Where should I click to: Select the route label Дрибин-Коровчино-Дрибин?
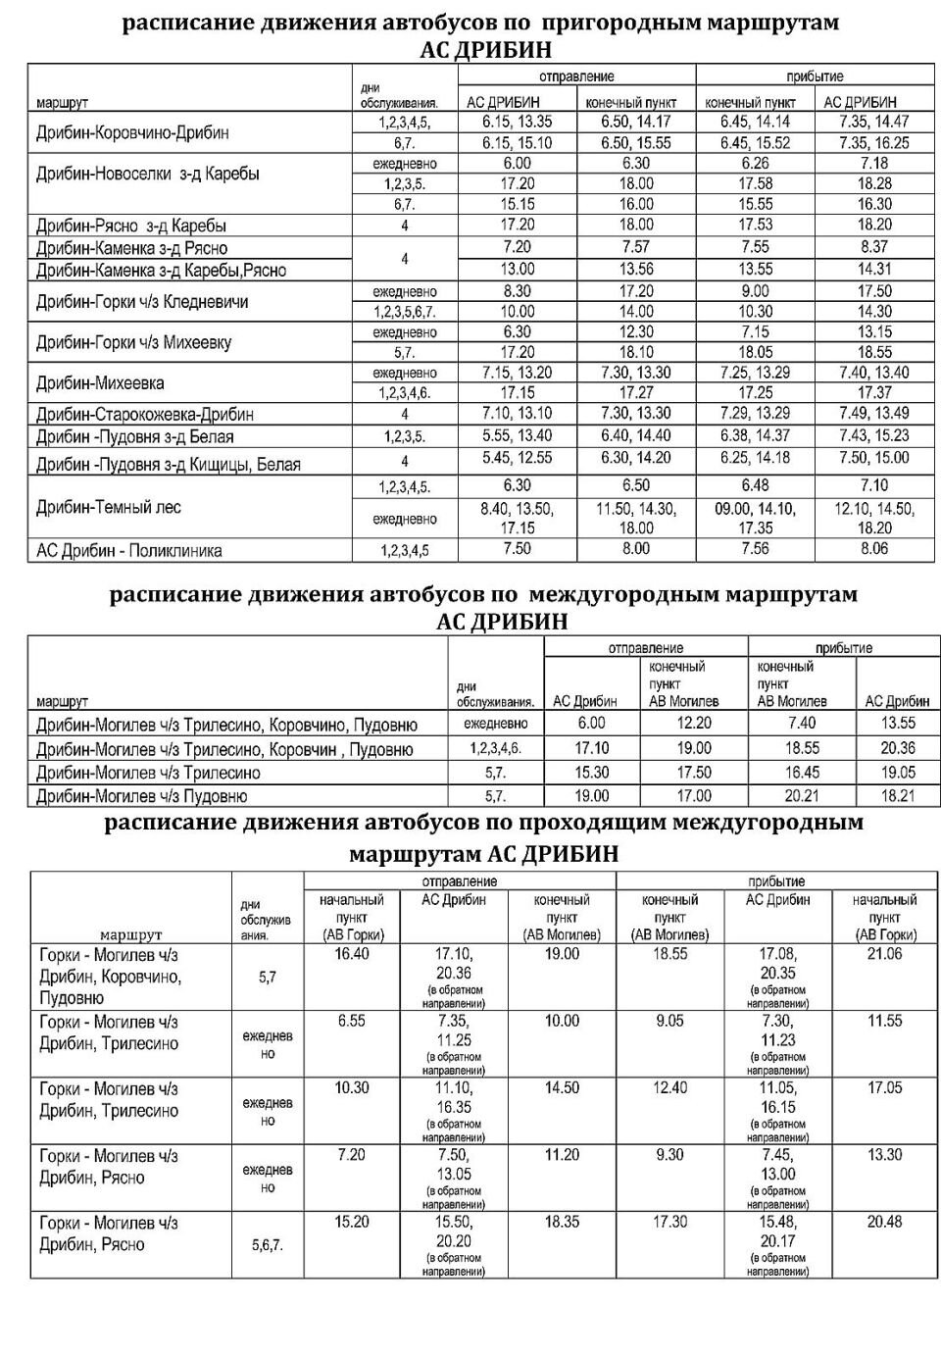click(132, 132)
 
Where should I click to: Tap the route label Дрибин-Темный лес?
click(109, 507)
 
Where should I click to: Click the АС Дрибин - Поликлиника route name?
click(129, 550)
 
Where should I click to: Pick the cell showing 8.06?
click(873, 549)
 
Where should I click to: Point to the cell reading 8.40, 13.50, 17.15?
click(517, 518)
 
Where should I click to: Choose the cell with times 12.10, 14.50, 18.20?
click(873, 518)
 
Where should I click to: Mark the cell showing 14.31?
click(873, 269)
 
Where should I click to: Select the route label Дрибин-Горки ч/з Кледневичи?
click(142, 301)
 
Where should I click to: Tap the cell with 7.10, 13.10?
click(517, 413)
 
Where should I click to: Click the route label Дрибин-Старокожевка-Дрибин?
click(145, 414)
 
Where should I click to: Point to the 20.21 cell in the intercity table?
click(801, 796)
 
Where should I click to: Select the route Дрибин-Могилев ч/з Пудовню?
click(142, 796)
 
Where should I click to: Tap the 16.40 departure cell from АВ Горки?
click(351, 953)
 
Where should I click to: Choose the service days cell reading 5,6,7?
click(267, 1245)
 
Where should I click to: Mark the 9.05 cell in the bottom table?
click(670, 1021)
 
